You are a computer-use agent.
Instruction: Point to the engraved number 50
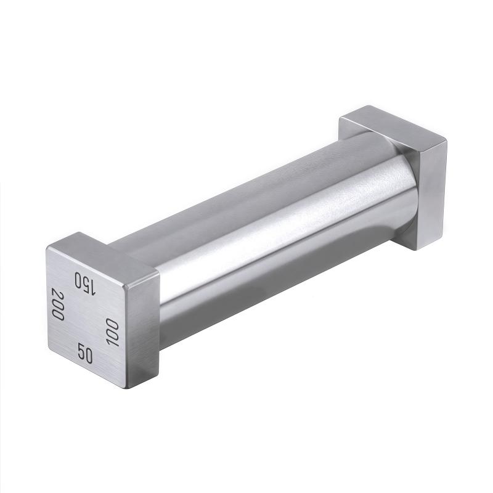point(85,354)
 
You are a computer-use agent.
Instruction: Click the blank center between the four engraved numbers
point(86,317)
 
